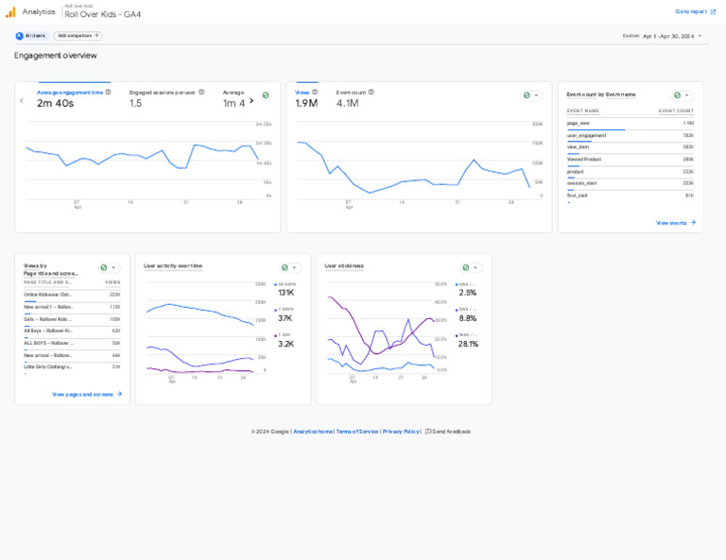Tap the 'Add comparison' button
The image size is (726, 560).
pos(78,36)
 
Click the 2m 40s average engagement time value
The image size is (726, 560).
pos(55,103)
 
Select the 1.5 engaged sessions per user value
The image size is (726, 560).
pos(135,103)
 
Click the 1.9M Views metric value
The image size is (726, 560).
pos(306,103)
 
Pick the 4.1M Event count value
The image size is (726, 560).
pos(347,103)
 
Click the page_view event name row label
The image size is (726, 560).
pos(579,123)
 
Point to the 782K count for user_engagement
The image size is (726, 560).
pos(687,135)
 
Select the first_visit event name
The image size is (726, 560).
pos(577,195)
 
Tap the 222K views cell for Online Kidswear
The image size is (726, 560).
pos(114,295)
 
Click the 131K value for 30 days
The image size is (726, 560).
pos(285,293)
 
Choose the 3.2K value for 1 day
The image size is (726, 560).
pos(285,344)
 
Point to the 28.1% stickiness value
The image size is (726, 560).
pos(468,344)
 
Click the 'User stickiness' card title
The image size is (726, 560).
pos(344,266)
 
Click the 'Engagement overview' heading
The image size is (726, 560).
pos(55,56)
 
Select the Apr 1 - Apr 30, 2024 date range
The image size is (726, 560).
pos(668,36)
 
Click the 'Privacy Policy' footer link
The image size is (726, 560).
pos(401,432)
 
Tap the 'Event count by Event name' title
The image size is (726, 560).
pos(601,94)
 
